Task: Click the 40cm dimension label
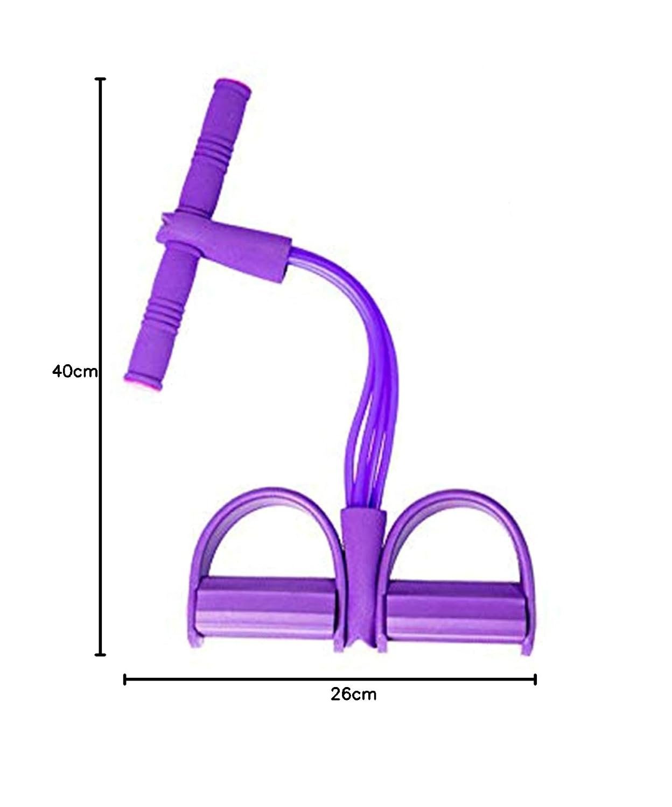point(75,371)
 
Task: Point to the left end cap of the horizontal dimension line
point(124,679)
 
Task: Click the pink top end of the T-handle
point(233,86)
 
